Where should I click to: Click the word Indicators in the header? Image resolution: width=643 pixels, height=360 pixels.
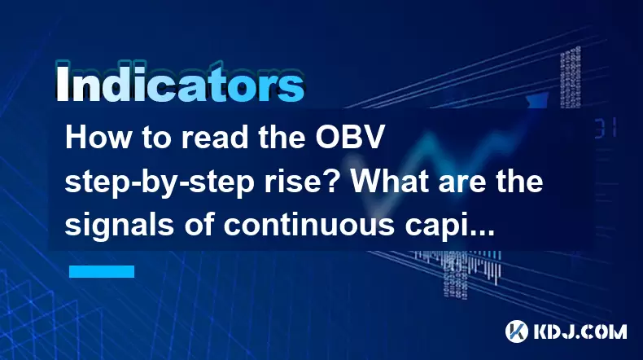tap(180, 84)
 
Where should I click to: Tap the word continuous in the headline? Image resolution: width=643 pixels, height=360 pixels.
tap(308, 226)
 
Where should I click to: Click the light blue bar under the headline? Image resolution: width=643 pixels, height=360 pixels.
tap(102, 271)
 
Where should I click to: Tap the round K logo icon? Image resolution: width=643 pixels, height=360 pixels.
tap(517, 331)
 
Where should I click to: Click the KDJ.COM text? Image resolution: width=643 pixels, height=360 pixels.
tap(580, 331)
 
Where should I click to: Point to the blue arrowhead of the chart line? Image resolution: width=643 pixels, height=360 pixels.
tap(538, 100)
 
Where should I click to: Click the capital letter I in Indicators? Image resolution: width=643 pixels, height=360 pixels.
tap(62, 84)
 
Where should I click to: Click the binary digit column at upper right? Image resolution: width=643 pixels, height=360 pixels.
tap(571, 77)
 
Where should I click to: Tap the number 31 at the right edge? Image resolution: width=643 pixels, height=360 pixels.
tap(606, 127)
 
